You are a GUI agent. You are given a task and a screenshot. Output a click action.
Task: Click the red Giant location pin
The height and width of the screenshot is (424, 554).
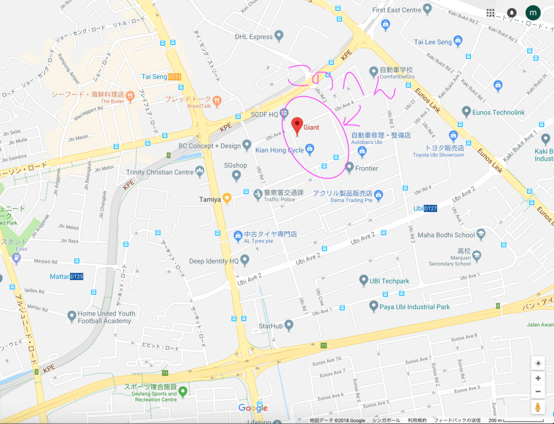[297, 125]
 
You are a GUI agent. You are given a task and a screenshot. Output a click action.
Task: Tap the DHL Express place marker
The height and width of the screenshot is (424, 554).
[279, 36]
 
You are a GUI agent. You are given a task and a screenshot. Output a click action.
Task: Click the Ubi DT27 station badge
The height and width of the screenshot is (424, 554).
[430, 208]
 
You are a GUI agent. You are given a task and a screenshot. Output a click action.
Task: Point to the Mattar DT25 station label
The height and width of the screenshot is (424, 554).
[67, 276]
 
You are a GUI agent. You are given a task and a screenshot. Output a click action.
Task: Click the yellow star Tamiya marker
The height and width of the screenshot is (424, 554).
[227, 198]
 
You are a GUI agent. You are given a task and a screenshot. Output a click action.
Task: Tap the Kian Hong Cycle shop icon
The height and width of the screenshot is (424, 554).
[309, 149]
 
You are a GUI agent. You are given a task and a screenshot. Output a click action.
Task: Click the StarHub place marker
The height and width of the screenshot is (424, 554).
[289, 326]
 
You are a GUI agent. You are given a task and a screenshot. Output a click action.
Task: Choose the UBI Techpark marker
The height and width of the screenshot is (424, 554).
[364, 280]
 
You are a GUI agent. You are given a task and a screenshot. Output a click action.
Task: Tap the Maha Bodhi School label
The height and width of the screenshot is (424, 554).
[446, 235]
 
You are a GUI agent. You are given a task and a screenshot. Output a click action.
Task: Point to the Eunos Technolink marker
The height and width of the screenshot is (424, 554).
[466, 111]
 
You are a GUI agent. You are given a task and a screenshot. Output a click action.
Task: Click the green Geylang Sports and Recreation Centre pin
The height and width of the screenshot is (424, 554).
[183, 391]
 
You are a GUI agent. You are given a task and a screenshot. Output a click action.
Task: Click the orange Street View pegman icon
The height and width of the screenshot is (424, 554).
[538, 407]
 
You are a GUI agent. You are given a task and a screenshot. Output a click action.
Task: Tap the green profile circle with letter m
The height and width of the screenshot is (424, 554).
[533, 12]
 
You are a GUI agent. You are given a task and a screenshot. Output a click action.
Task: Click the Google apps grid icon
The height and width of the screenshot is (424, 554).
[490, 12]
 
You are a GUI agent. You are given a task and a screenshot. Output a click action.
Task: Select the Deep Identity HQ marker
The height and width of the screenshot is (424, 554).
[245, 261]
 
